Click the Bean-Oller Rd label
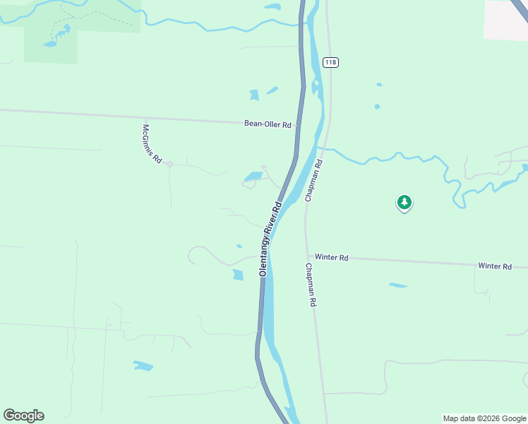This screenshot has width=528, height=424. pyautogui.click(x=268, y=124)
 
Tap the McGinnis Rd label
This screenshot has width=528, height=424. pyautogui.click(x=152, y=144)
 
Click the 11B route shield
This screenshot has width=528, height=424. pyautogui.click(x=331, y=62)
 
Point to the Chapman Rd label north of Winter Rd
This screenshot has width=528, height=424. pyautogui.click(x=314, y=181)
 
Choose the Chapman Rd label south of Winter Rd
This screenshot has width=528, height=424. pyautogui.click(x=311, y=285)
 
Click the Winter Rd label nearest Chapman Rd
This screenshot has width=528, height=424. pyautogui.click(x=332, y=258)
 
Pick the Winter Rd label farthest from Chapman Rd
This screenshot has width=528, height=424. pyautogui.click(x=494, y=266)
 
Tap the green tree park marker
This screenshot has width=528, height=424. pyautogui.click(x=404, y=203)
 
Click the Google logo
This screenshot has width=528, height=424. pyautogui.click(x=23, y=416)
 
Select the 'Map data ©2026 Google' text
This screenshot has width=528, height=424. pyautogui.click(x=484, y=418)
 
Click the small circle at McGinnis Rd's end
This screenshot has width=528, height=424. pyautogui.click(x=170, y=164)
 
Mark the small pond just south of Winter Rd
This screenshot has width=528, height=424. pyautogui.click(x=398, y=285)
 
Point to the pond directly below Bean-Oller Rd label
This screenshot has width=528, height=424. pyautogui.click(x=253, y=176)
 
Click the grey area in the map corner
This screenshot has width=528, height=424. pyautogui.click(x=505, y=19)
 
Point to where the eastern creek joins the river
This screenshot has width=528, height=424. pyautogui.click(x=320, y=148)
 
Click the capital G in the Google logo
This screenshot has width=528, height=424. pyautogui.click(x=10, y=416)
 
